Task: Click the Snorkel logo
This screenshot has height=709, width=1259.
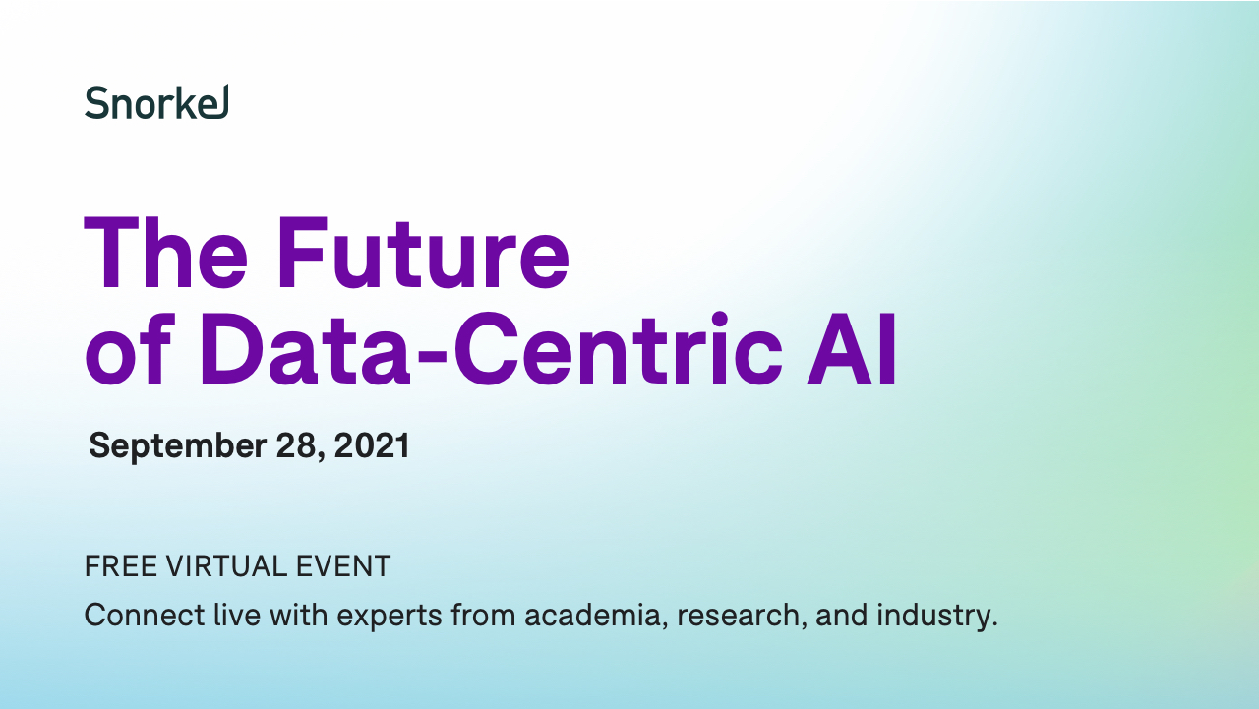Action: [156, 102]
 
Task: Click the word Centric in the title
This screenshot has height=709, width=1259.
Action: [619, 348]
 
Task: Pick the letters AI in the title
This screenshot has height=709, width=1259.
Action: [851, 348]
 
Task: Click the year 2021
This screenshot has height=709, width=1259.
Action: [372, 446]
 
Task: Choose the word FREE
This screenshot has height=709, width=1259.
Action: [121, 566]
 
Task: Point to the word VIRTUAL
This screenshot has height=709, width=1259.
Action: [226, 566]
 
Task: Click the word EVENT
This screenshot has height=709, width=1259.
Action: [343, 566]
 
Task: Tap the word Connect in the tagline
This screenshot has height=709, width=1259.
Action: [145, 615]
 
